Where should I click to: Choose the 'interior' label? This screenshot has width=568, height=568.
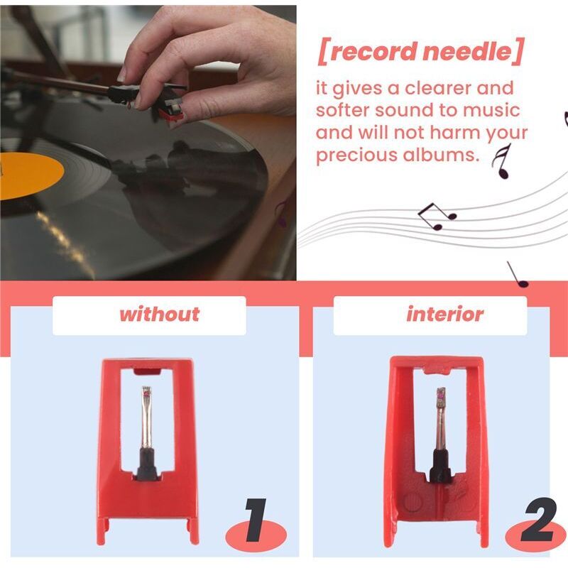[444, 315]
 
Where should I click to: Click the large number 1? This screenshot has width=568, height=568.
[253, 523]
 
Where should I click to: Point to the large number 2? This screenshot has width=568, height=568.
[537, 523]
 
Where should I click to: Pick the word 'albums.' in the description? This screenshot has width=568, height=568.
[446, 155]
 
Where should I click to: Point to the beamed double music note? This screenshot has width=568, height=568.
[435, 215]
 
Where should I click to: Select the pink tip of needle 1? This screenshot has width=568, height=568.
[147, 391]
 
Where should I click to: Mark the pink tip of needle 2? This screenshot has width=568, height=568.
[440, 393]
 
